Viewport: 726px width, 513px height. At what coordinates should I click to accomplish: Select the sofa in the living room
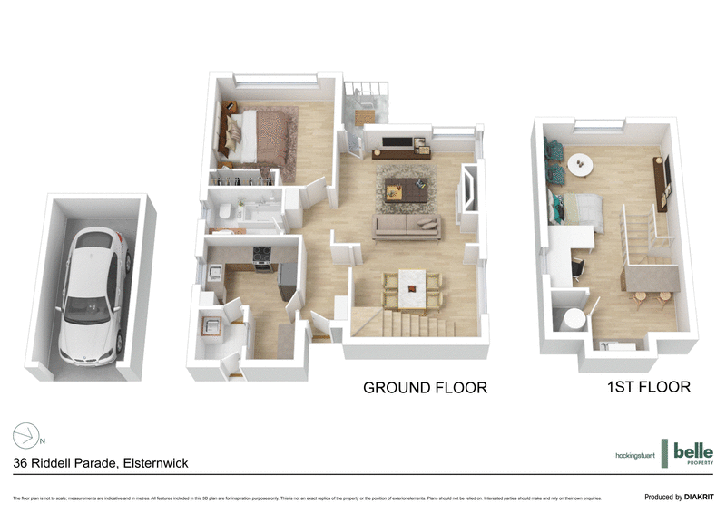pyautogui.click(x=407, y=227)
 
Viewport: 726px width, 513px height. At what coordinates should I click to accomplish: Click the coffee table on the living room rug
pyautogui.click(x=400, y=189)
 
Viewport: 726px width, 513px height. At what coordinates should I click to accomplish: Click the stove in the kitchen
pyautogui.click(x=262, y=259)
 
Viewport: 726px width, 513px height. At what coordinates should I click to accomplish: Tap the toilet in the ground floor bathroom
pyautogui.click(x=224, y=210)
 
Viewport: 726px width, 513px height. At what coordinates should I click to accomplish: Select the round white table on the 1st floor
pyautogui.click(x=579, y=164)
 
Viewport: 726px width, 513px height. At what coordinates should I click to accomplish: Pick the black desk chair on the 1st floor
pyautogui.click(x=577, y=266)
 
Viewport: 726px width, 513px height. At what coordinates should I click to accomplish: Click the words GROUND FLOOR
pyautogui.click(x=425, y=388)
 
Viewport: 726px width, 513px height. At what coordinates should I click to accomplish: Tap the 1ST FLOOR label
pyautogui.click(x=648, y=387)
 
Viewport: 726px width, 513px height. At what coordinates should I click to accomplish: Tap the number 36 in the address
pyautogui.click(x=21, y=463)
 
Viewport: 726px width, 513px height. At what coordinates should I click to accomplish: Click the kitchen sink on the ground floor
pyautogui.click(x=218, y=273)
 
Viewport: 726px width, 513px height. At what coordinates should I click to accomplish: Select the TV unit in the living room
pyautogui.click(x=398, y=151)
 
